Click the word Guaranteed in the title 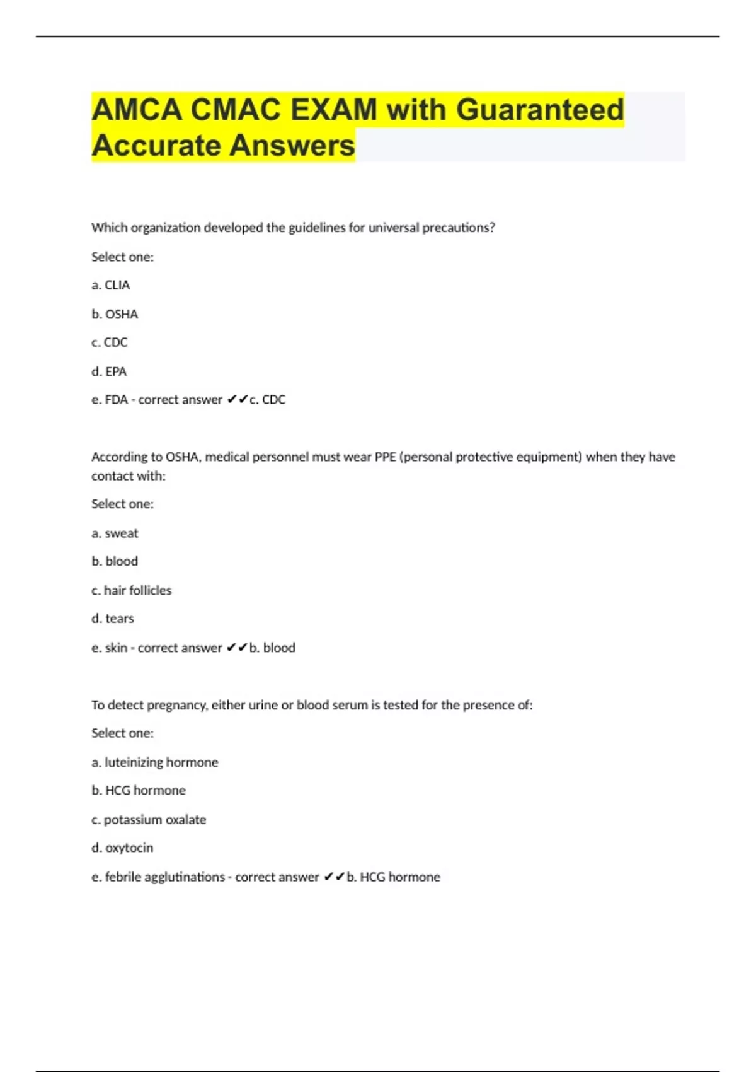click(x=539, y=110)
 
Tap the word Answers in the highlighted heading click(x=292, y=146)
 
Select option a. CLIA click(x=111, y=285)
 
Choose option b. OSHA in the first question click(x=115, y=314)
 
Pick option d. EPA click(x=109, y=371)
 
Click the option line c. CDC click(x=110, y=342)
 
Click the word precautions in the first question click(x=458, y=228)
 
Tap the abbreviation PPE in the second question click(x=385, y=457)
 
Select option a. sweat click(x=115, y=533)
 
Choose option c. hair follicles click(x=131, y=590)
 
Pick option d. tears click(x=113, y=619)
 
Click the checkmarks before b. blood click(x=237, y=648)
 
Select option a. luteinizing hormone click(x=155, y=762)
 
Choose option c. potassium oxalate click(x=149, y=820)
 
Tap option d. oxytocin click(x=122, y=848)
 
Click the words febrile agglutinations click(x=164, y=877)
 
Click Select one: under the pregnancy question click(x=122, y=733)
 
